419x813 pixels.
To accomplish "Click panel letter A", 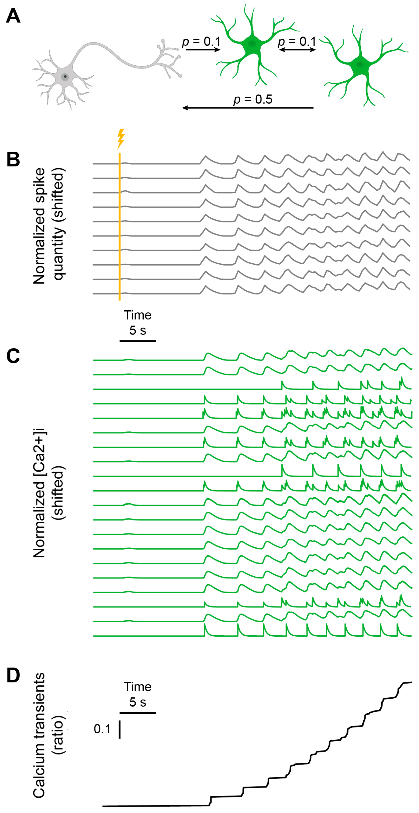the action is coord(13,16).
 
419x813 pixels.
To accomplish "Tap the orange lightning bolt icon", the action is coord(121,139).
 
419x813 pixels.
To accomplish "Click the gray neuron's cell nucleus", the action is coord(65,76).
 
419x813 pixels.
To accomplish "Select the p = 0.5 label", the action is coord(253,99).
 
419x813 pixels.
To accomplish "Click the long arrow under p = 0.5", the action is coord(248,108).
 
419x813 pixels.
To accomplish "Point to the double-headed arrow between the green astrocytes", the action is coord(297,50).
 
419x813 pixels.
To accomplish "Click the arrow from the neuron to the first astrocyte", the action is coord(203,50).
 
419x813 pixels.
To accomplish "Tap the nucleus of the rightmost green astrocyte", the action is coord(360,64).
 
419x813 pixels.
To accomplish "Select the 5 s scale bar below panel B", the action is coord(138,341).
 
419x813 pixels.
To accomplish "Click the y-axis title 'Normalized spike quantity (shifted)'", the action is coord(49,226).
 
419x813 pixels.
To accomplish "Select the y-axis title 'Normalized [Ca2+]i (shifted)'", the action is coord(49,493).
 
